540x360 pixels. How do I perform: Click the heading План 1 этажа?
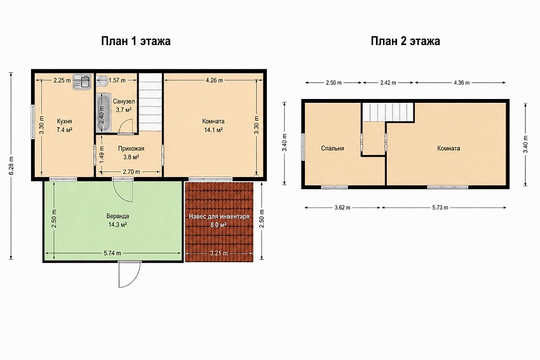(136, 41)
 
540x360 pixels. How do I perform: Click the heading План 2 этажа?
(405, 41)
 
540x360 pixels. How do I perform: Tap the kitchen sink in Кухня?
(81, 81)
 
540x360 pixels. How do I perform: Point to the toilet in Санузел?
(102, 81)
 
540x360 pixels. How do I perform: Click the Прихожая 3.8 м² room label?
(132, 153)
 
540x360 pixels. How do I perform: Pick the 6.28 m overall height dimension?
(11, 166)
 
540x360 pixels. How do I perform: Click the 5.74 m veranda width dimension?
(112, 253)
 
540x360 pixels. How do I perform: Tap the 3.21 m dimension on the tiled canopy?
(219, 253)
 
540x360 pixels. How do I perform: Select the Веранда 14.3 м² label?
(118, 220)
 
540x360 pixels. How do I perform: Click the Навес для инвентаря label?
(219, 217)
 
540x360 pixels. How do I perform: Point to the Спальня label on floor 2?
(332, 149)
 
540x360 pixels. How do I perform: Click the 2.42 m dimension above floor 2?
(388, 83)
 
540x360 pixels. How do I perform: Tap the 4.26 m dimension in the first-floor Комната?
(214, 80)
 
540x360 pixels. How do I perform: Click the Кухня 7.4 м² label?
(64, 126)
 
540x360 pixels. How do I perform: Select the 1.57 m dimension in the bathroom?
(117, 80)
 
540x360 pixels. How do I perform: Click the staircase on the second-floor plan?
(388, 112)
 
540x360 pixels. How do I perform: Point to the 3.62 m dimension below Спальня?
(342, 208)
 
